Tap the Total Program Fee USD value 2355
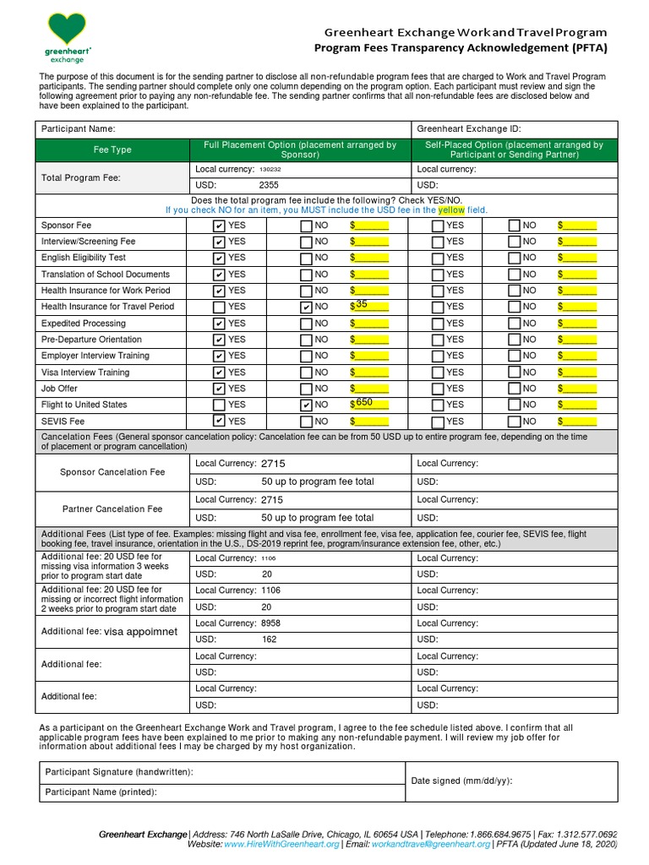point(269,185)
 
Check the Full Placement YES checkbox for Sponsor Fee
point(220,226)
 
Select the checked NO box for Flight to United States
point(307,405)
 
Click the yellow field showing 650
point(369,404)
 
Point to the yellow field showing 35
point(369,306)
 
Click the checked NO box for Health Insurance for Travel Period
point(307,307)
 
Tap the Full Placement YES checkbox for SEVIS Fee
point(220,421)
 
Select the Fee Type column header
point(112,150)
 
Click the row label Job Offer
point(59,389)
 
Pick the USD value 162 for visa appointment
point(270,639)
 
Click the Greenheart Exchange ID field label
point(468,129)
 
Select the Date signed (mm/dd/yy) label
point(461,781)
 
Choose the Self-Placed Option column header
point(514,150)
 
